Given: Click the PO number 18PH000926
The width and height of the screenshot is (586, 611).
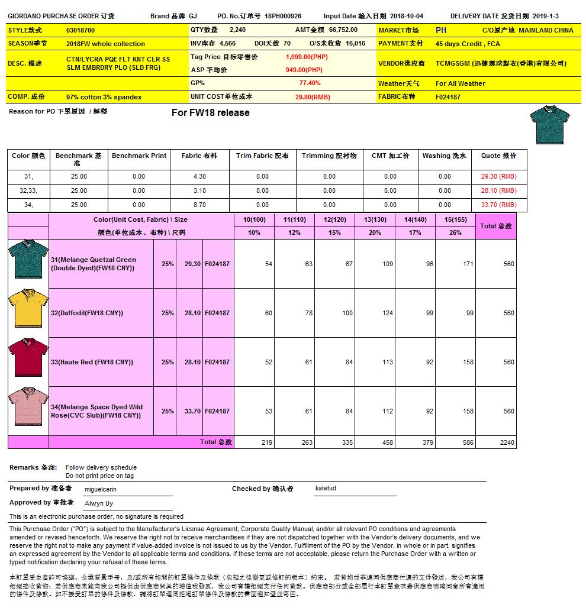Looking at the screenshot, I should [x=283, y=17].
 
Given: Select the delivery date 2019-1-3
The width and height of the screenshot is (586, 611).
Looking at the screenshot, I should [x=545, y=17].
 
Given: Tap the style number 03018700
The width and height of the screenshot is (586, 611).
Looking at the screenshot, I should [x=81, y=30].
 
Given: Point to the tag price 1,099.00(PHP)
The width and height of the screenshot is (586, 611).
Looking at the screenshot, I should [x=307, y=57].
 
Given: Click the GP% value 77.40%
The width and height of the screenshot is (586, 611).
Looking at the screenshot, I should [x=310, y=83].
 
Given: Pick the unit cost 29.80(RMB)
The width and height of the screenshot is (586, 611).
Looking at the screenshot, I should [x=313, y=97].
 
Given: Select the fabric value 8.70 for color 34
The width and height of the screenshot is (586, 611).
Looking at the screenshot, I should [x=199, y=205].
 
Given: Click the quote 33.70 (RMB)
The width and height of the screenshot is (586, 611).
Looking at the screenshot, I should [x=498, y=205].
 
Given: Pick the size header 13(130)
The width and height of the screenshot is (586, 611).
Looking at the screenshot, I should [x=375, y=219].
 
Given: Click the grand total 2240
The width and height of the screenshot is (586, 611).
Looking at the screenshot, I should [x=507, y=442].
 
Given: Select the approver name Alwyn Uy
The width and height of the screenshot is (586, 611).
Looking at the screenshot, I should [x=99, y=504].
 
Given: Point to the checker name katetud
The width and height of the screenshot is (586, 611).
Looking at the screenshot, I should [x=326, y=489].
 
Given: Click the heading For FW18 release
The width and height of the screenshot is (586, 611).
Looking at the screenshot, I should [x=210, y=113].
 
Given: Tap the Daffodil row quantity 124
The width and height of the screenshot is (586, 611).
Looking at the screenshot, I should [x=387, y=313].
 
